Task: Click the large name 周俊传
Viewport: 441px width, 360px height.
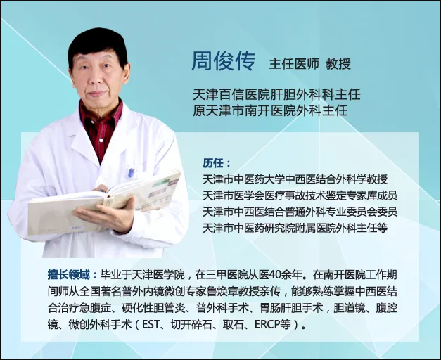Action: coord(224,61)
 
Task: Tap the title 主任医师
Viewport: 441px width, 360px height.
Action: coord(294,64)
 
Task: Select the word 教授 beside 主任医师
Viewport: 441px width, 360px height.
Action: coord(338,64)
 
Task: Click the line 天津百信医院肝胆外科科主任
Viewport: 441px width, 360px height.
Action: coord(276,94)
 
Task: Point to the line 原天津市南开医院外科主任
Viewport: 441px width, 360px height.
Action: coord(270,110)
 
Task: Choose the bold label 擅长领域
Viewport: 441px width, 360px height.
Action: coord(69,275)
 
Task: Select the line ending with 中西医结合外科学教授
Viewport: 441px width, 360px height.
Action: coord(295,179)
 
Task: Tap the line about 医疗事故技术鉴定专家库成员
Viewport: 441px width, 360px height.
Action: coord(300,195)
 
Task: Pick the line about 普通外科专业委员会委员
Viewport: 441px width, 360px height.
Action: coord(300,212)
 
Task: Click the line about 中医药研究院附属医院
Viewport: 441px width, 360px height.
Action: coord(295,228)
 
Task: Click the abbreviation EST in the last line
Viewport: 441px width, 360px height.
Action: coord(151,325)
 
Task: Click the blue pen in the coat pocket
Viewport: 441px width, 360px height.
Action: coord(131,172)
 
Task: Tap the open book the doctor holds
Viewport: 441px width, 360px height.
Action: coord(104,204)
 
